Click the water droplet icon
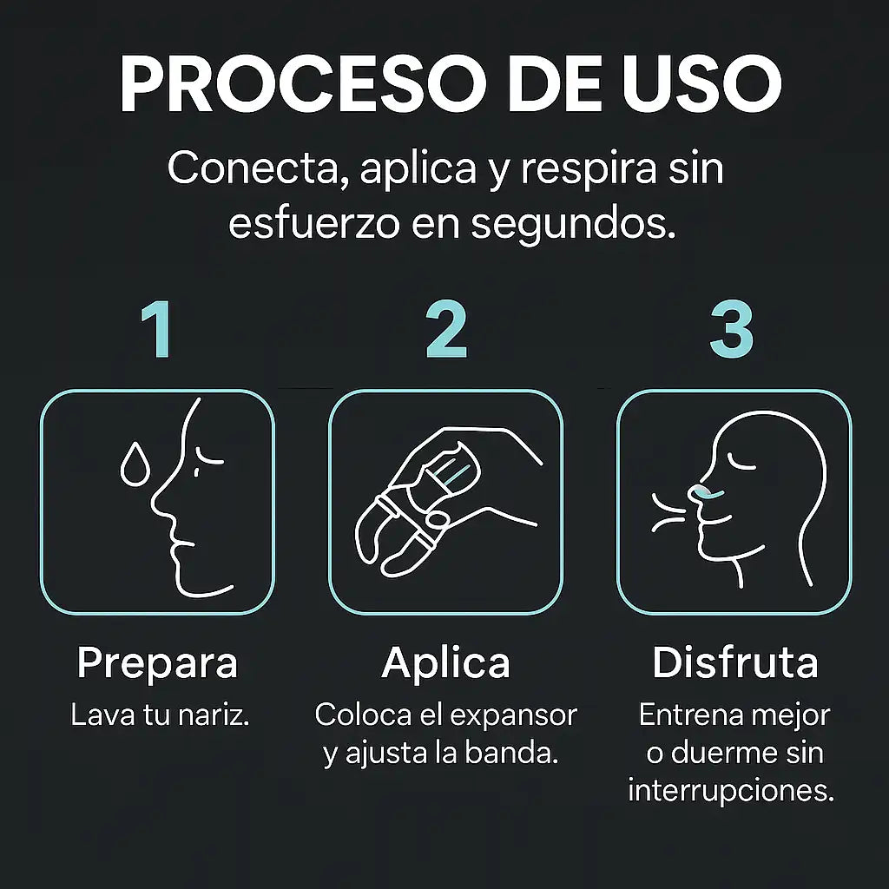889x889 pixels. (135, 465)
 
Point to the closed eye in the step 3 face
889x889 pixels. (741, 461)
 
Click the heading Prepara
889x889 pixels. (157, 663)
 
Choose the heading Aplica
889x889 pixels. (445, 662)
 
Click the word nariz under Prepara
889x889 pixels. (214, 715)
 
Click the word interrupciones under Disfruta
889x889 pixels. (731, 791)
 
